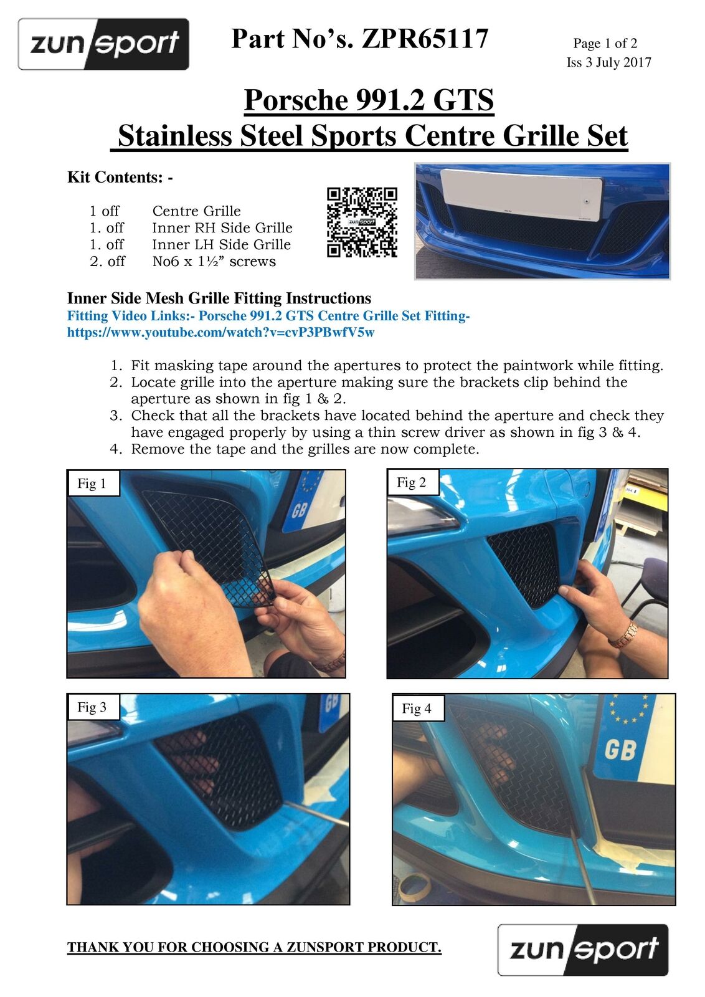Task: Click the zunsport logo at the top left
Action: coord(103,44)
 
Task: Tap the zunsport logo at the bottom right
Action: coord(582,950)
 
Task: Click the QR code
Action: coord(362,222)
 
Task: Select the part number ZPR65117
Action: coord(425,39)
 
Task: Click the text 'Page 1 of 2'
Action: coord(605,43)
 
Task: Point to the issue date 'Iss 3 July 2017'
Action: coord(608,62)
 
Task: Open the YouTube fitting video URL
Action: coord(220,333)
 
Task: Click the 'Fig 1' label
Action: coord(92,484)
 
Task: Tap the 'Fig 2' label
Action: coord(412,482)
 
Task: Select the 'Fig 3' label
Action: coord(92,707)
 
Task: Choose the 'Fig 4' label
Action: coord(417,708)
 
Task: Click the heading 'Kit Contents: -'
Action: coord(120,177)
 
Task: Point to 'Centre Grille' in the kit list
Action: coord(196,211)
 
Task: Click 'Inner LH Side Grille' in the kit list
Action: coord(221,244)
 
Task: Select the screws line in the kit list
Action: coord(182,261)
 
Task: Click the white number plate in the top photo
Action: coord(522,195)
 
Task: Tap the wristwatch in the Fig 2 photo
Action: coord(622,634)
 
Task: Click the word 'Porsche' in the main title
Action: coord(296,100)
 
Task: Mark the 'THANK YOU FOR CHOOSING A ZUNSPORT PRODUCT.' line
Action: coord(254,948)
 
